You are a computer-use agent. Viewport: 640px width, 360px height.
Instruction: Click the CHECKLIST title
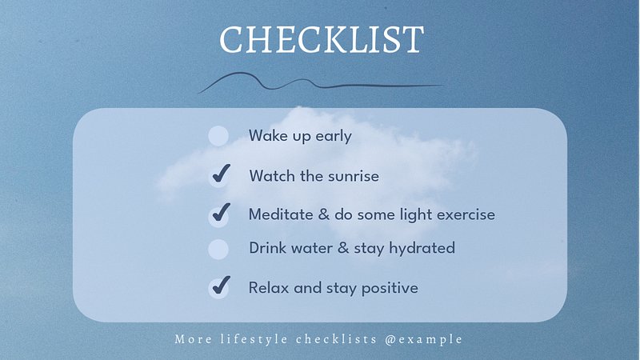[x=322, y=39]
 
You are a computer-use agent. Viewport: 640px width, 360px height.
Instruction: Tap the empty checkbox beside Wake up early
[x=218, y=136]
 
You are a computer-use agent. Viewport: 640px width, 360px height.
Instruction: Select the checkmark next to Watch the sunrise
[x=222, y=173]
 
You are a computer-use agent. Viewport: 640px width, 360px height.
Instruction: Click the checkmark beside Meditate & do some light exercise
[x=222, y=212]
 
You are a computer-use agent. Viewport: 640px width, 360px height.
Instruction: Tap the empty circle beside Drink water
[x=218, y=249]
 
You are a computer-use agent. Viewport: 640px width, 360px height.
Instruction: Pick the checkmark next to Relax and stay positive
[x=222, y=285]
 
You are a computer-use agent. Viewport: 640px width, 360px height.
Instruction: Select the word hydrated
[x=422, y=248]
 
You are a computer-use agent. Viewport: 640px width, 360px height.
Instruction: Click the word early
[x=334, y=137]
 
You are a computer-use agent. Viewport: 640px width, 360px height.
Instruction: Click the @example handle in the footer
[x=424, y=339]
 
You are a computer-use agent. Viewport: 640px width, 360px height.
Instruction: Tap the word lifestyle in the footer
[x=254, y=339]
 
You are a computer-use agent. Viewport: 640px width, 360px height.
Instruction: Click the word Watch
[x=272, y=176]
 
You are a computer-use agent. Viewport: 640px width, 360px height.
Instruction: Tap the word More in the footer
[x=193, y=339]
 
